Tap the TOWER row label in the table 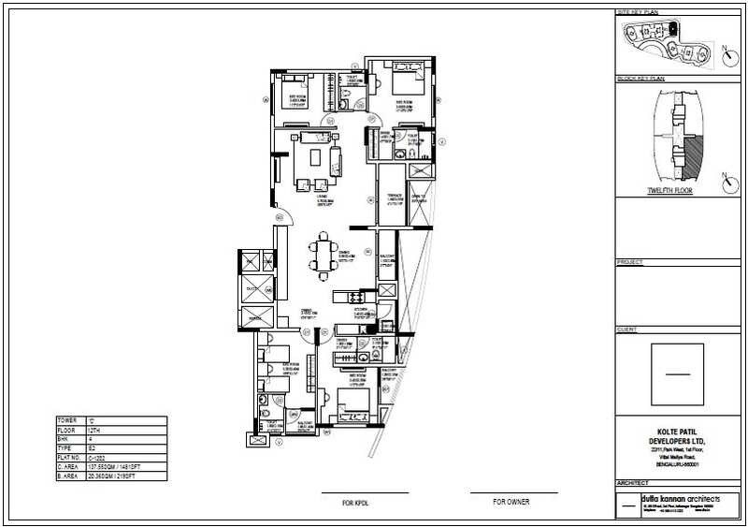pyautogui.click(x=68, y=421)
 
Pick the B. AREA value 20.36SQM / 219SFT pyautogui.click(x=122, y=476)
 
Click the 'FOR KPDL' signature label pyautogui.click(x=356, y=503)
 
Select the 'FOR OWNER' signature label pyautogui.click(x=511, y=503)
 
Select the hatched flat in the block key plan pyautogui.click(x=692, y=150)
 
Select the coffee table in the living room pyautogui.click(x=315, y=156)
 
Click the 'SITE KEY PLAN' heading pyautogui.click(x=638, y=12)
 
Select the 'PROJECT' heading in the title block pyautogui.click(x=631, y=262)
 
